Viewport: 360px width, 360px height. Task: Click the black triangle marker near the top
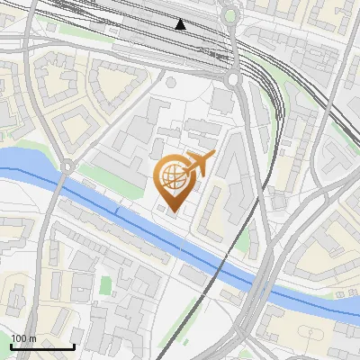click(181, 24)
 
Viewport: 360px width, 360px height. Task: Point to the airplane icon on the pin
click(199, 165)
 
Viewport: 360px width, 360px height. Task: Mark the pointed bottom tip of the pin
click(173, 212)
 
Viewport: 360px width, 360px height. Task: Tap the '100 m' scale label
click(24, 338)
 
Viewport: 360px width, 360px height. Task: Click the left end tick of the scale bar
click(12, 345)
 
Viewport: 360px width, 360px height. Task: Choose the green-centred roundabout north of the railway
click(230, 15)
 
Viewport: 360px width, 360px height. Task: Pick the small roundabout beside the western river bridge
click(67, 166)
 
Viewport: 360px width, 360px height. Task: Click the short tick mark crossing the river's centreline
click(116, 210)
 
